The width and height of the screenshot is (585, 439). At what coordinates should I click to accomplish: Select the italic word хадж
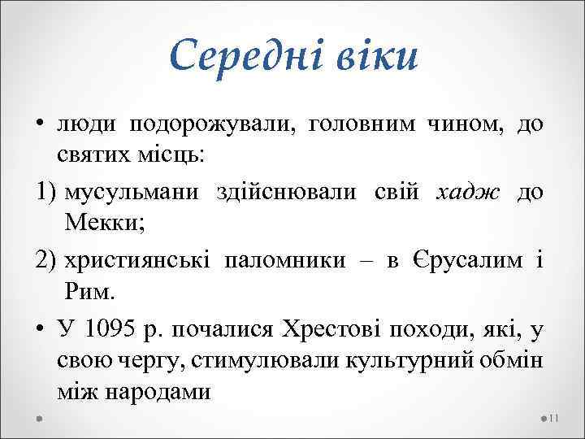click(466, 192)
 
